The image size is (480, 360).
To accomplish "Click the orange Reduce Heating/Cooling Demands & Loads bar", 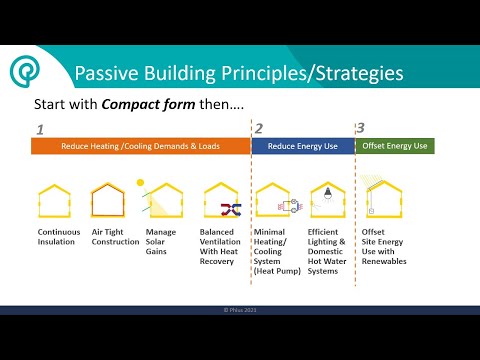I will click(139, 146).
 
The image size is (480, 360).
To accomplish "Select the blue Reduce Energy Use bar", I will click(301, 146).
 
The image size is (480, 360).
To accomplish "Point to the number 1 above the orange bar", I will click(39, 129).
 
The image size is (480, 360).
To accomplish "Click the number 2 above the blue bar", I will click(258, 129).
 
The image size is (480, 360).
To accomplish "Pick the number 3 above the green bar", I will click(362, 129).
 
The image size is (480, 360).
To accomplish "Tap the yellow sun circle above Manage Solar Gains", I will click(142, 183).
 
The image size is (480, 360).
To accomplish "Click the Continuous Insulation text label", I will click(59, 236).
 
